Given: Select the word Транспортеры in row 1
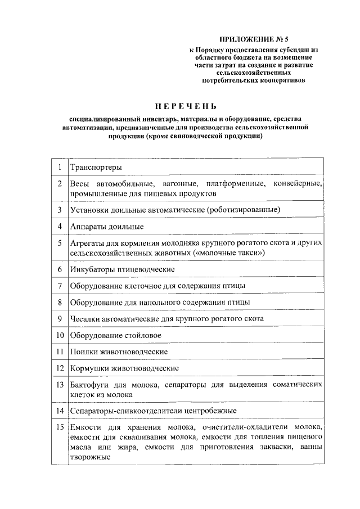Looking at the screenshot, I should tap(96, 167).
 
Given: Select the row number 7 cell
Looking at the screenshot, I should tap(59, 286).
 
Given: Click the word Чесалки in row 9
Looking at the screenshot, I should tap(84, 318).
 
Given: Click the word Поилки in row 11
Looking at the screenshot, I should tap(82, 352).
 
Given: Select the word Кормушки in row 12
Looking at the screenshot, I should tap(87, 368).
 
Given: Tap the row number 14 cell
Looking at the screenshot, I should tap(59, 411).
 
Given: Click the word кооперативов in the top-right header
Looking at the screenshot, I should tap(281, 80).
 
